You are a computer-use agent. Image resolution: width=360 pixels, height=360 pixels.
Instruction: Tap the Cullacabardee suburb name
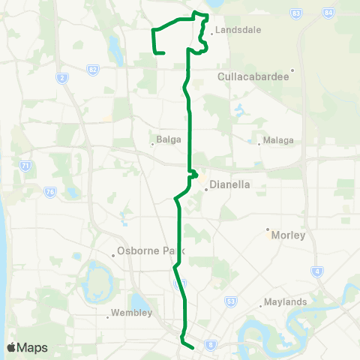[252, 76]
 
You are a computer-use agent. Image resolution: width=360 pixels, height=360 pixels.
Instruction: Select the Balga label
[166, 139]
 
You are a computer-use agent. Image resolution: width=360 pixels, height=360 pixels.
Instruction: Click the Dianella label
[230, 184]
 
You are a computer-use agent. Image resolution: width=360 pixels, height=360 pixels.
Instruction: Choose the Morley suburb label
[290, 235]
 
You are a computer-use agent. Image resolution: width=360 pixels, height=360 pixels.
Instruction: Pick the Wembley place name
[131, 313]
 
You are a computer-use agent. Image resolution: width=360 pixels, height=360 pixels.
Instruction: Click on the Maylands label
[284, 302]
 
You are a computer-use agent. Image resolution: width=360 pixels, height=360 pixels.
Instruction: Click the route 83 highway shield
[297, 13]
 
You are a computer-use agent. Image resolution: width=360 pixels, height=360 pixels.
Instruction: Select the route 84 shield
[328, 13]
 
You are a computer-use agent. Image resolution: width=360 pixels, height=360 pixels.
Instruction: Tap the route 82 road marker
[92, 68]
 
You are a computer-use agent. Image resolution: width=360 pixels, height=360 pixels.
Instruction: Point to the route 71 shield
[25, 165]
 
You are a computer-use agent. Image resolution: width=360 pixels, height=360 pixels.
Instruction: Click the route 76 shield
[50, 192]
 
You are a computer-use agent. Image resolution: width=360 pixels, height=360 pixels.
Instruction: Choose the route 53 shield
[230, 301]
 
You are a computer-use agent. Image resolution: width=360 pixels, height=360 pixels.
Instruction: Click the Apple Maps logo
[26, 347]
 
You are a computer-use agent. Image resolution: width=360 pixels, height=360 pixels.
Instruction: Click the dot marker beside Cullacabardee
[292, 71]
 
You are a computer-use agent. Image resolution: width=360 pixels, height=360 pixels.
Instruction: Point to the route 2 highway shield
[61, 77]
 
